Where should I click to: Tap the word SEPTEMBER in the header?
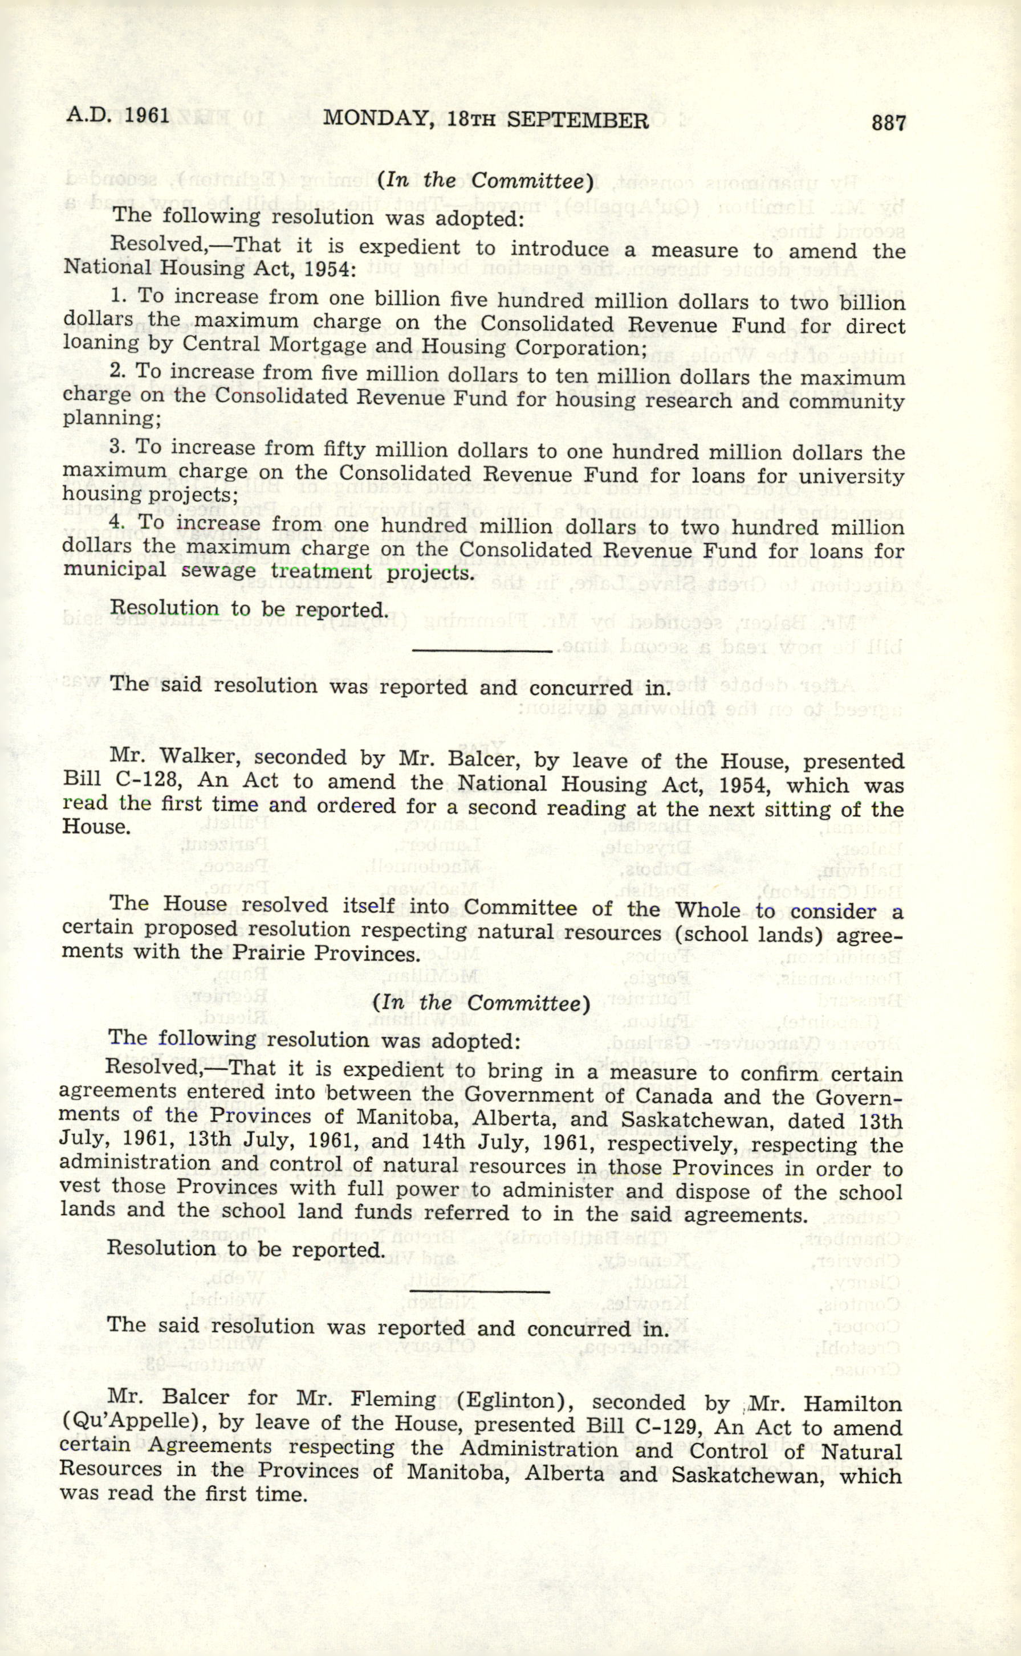tap(577, 120)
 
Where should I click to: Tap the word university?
tap(850, 476)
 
